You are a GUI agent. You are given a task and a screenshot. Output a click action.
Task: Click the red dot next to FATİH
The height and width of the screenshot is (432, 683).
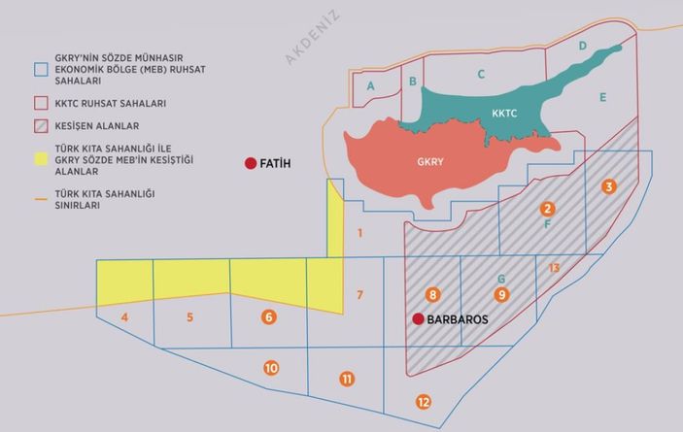pos(250,163)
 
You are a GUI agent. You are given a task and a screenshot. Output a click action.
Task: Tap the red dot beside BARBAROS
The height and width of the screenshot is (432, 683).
pos(418,318)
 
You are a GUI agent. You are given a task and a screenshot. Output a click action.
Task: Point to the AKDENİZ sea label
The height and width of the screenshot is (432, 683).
pos(311,37)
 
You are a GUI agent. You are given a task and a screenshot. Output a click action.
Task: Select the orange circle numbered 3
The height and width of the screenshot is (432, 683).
pos(608,187)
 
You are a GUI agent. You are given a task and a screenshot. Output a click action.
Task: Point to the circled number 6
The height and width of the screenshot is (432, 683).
pos(269,316)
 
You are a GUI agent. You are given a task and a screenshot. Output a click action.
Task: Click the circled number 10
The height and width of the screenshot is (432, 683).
pos(271,368)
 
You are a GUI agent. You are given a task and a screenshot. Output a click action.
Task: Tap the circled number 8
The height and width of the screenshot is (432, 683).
pos(433,294)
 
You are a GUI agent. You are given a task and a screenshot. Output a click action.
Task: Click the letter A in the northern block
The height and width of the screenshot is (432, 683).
pos(370,87)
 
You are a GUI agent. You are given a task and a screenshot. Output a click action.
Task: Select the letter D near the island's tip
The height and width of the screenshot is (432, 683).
pos(582,46)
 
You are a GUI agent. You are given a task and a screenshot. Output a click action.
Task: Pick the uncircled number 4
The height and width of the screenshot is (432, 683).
pos(125,317)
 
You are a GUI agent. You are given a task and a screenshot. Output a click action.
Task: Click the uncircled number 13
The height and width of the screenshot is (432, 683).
pos(554,267)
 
